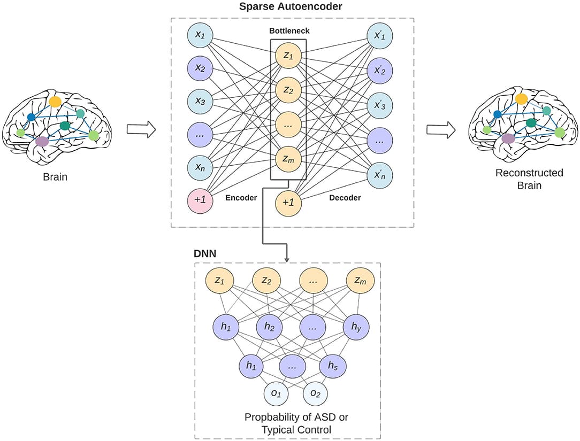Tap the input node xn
point(200,168)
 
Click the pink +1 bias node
point(200,200)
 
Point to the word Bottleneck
point(289,31)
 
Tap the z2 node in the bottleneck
point(288,90)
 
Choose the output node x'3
point(380,105)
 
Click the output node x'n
point(380,174)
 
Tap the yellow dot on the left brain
point(55,101)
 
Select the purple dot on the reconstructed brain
point(508,139)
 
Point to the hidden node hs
point(333,366)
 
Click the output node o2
point(315,394)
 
